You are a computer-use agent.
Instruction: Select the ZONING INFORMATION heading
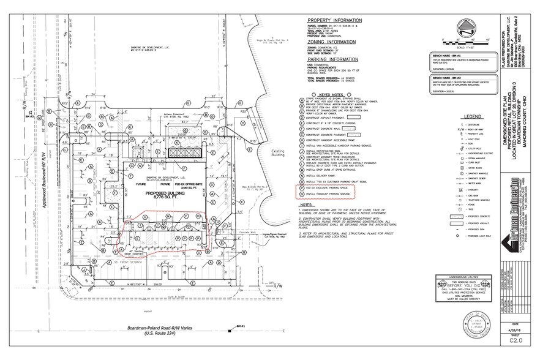pos(333,41)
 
